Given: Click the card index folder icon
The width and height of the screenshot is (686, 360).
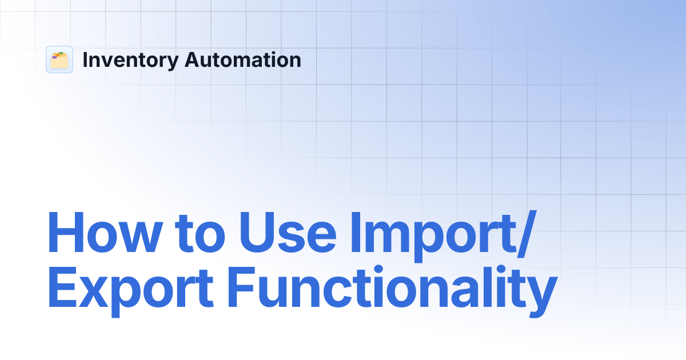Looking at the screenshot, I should (x=59, y=59).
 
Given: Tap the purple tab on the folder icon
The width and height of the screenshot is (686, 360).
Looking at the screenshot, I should (x=54, y=57).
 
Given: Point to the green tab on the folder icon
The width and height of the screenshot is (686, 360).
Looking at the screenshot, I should (x=60, y=54).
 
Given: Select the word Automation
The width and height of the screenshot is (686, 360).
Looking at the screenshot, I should (x=242, y=60).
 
